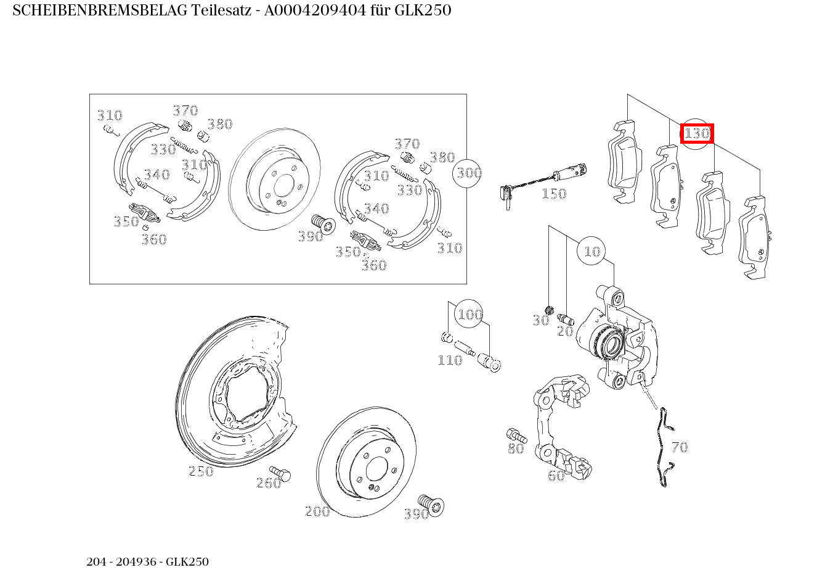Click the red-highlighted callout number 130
[697, 133]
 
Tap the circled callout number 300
[468, 173]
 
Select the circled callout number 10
[591, 251]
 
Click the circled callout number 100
[469, 315]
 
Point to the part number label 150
[553, 194]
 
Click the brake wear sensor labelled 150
[542, 180]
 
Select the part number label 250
[200, 471]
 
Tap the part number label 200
[317, 511]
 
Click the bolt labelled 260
[282, 474]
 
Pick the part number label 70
[679, 447]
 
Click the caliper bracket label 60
[556, 475]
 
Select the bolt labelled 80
[514, 435]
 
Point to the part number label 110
[449, 360]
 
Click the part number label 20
[564, 331]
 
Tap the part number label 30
[540, 320]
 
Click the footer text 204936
[139, 562]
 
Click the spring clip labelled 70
[663, 447]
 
